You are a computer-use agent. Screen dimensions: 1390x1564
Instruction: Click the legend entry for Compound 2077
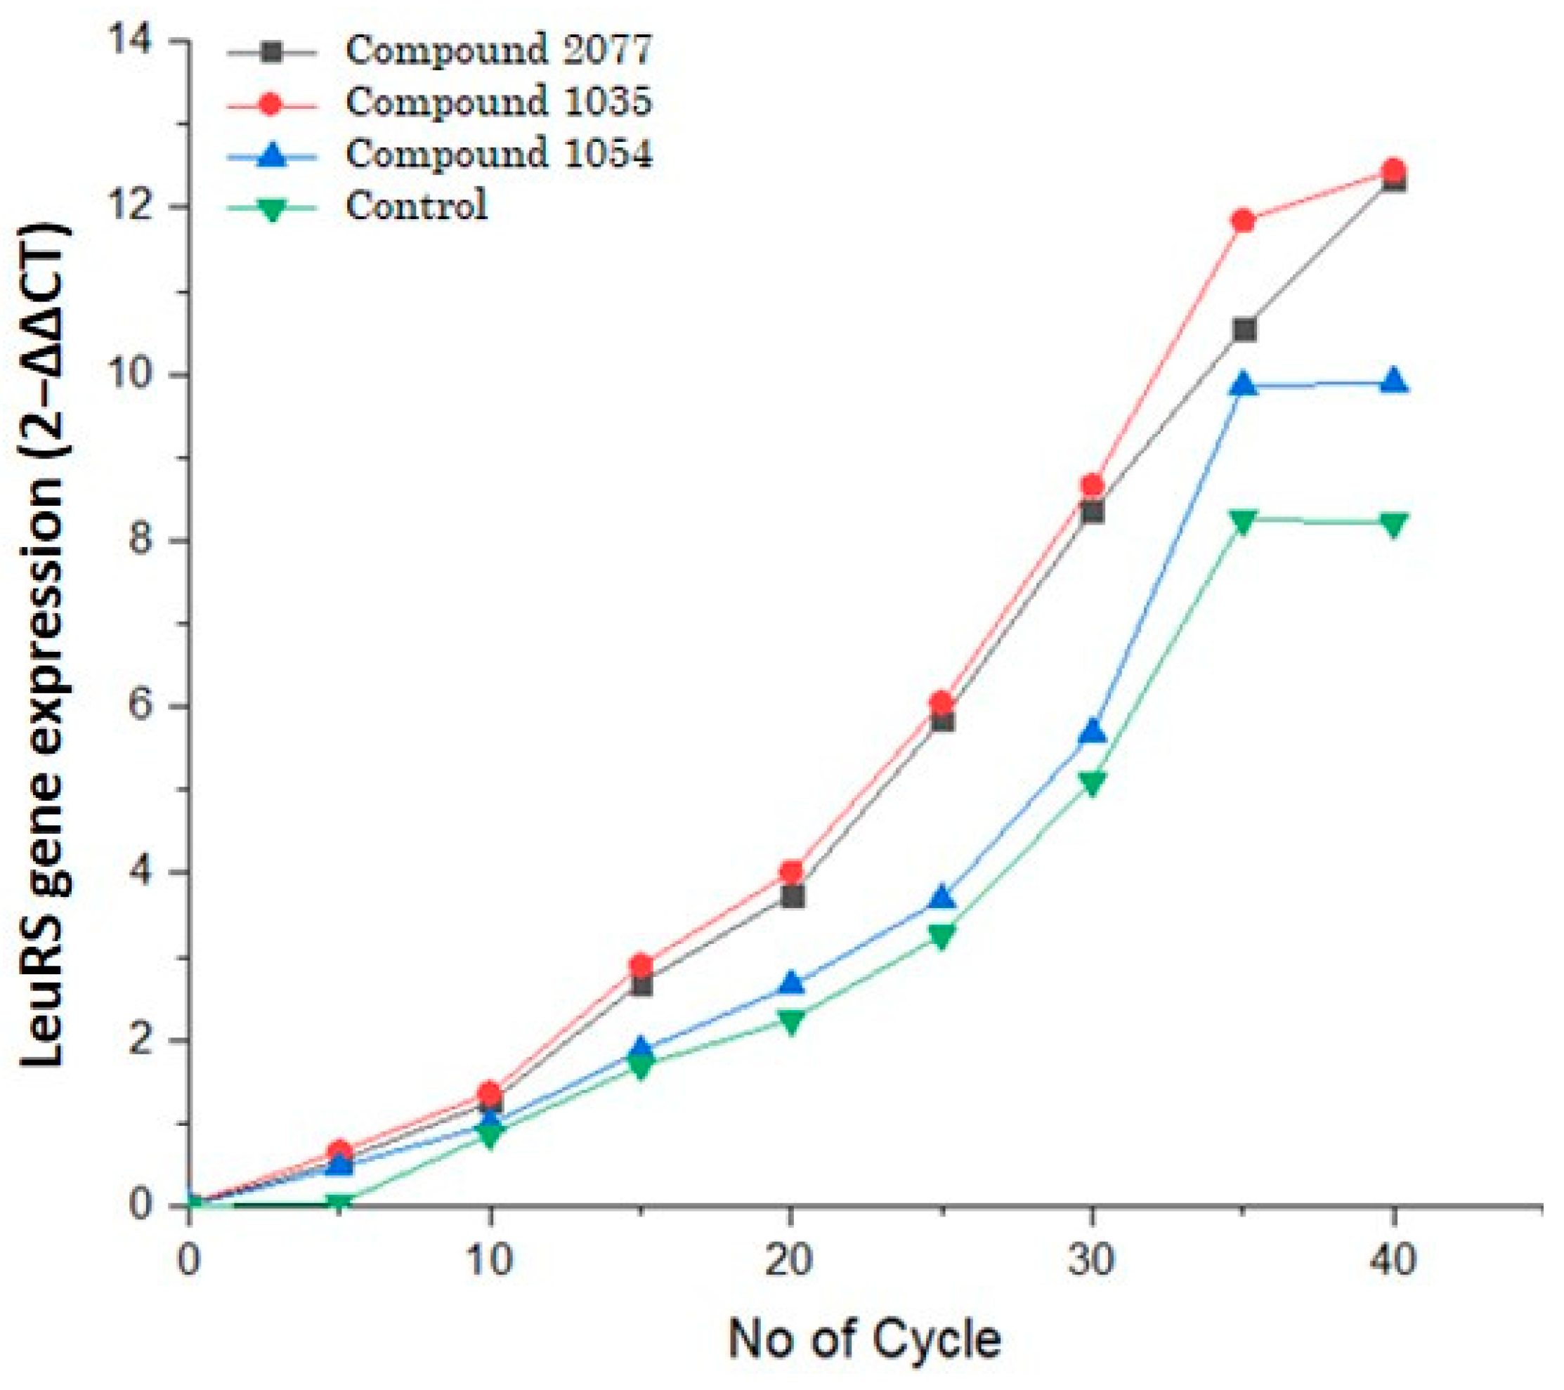point(499,51)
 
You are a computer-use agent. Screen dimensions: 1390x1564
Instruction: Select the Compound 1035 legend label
point(499,102)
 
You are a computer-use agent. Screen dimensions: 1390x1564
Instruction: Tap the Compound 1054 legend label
point(499,154)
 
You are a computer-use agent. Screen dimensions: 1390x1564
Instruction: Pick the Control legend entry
point(416,206)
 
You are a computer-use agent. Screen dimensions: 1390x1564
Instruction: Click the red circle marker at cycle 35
point(1244,221)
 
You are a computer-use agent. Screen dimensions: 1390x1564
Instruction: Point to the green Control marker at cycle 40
point(1394,525)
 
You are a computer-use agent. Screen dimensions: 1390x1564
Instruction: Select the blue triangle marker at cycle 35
point(1244,385)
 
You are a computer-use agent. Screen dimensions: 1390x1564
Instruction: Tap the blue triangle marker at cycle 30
point(1093,731)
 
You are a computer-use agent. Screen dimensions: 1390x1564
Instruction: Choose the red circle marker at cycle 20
point(792,872)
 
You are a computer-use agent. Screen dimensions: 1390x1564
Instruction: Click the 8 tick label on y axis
point(141,540)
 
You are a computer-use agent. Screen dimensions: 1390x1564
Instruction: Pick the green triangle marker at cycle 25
point(942,936)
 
